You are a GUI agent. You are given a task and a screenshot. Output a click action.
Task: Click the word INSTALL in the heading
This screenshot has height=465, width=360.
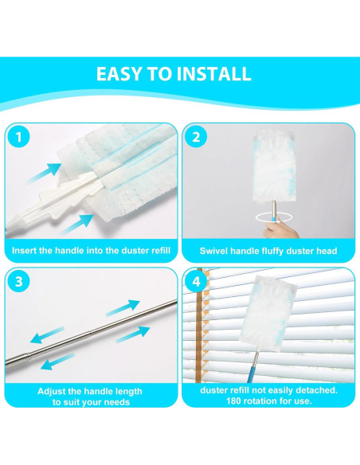213,74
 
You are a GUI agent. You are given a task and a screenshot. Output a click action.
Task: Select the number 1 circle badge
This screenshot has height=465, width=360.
19,137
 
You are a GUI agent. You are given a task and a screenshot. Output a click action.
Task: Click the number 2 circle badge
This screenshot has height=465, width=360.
196,137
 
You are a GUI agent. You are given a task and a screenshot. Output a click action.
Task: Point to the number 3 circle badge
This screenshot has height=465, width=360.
19,281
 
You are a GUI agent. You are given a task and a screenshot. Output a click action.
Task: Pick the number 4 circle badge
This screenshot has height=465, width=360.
196,281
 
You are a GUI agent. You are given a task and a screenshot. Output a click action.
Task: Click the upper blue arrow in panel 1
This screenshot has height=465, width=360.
44,173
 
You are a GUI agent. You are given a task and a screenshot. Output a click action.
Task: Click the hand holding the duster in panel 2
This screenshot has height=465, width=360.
280,228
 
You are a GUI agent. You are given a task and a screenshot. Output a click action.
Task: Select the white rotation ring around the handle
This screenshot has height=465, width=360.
273,217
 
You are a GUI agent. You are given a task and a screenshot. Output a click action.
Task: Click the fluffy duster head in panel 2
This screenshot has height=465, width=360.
273,167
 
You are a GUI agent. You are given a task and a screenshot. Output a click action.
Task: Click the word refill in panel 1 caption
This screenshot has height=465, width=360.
161,251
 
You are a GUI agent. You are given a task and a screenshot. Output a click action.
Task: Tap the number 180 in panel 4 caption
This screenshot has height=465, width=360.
234,401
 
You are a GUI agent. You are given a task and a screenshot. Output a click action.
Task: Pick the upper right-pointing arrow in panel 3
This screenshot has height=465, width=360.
123,307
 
